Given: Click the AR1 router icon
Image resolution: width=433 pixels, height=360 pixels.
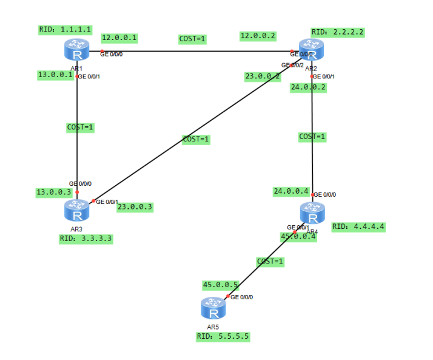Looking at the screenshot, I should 76,50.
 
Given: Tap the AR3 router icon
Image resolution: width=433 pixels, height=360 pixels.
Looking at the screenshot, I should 76,211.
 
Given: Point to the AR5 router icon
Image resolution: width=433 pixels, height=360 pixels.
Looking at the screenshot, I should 213,308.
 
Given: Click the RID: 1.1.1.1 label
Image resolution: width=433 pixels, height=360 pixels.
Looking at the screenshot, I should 65,29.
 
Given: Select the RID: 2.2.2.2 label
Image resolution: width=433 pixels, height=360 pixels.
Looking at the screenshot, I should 338,32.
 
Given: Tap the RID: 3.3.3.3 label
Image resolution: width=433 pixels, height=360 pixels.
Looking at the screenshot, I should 86,239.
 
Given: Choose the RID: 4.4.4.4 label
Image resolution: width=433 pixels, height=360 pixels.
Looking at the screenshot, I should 358,226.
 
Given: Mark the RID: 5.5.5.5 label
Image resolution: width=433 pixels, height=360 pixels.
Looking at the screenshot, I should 223,336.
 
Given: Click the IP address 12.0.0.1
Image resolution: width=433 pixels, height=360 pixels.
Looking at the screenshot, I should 119,38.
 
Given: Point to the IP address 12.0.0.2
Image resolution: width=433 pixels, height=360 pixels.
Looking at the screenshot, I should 258,36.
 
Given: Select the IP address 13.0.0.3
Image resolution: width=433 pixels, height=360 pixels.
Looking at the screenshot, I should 54,192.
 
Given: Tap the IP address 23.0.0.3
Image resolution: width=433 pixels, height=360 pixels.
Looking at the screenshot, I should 135,206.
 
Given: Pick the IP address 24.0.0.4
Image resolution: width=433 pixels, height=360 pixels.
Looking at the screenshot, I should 291,191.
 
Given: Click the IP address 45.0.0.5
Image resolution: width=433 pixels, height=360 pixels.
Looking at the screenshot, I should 220,284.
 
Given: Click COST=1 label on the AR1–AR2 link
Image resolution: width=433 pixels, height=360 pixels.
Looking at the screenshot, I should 192,39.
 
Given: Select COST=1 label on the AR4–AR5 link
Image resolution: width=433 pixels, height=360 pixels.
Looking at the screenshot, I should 270,262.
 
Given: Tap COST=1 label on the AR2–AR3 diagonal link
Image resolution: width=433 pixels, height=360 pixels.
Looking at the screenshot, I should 196,139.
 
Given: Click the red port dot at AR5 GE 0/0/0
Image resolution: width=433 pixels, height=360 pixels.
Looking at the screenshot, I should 228,297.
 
